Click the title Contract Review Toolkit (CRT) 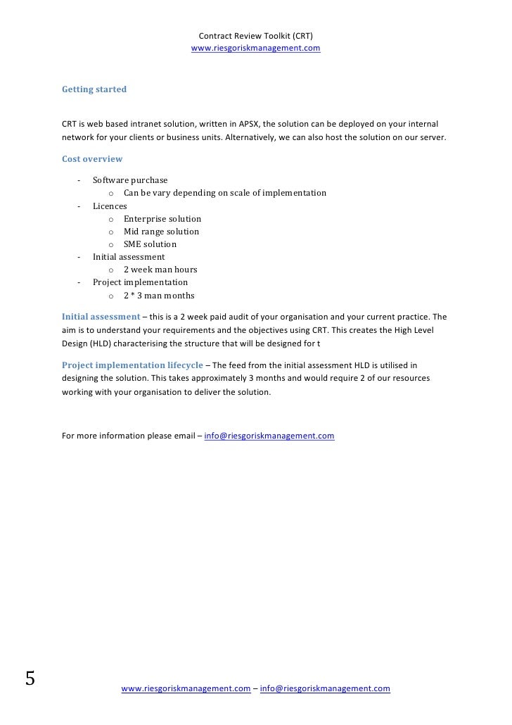tap(256, 36)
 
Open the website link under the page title tap(256, 49)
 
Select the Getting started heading tap(94, 90)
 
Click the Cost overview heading tap(92, 159)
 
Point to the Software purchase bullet tap(130, 180)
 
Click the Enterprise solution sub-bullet tap(162, 219)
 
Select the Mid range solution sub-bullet tap(161, 232)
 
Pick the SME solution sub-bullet tap(150, 244)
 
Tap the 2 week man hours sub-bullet tap(160, 270)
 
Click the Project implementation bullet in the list tap(140, 282)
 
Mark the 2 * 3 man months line tap(159, 296)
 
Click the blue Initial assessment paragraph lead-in tap(101, 316)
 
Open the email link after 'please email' tap(269, 436)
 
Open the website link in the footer tap(186, 689)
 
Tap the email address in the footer tap(324, 689)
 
